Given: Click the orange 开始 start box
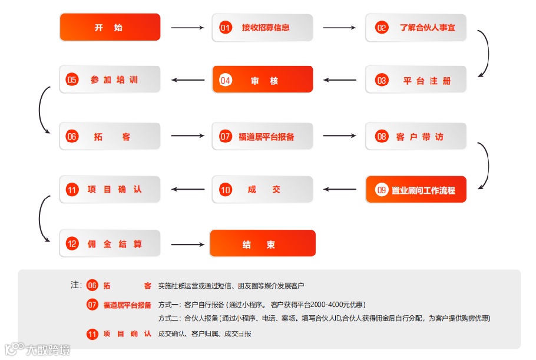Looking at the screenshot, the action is [110, 27].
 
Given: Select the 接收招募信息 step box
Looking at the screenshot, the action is [263, 27].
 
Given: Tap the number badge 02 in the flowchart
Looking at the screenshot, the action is [382, 28].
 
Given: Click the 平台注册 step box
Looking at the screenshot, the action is [416, 80].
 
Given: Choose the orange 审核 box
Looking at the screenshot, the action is [263, 80].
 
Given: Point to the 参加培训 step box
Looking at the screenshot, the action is [110, 80].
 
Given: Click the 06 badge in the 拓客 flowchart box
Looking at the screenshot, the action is [72, 137].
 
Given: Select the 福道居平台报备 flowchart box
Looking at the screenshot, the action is [263, 137].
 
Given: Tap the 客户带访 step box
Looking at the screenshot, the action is [416, 137].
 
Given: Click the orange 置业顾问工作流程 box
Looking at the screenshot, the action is [416, 190].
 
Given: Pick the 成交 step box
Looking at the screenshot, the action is [263, 190].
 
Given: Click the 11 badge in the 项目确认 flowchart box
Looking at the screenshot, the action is [72, 190].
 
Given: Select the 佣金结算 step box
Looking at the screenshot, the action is [110, 243].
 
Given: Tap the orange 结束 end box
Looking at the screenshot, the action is [263, 243].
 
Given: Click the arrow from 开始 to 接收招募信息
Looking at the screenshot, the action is [186, 27].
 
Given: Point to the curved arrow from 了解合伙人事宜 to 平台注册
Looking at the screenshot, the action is [484, 54].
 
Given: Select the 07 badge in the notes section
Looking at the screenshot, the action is [92, 305].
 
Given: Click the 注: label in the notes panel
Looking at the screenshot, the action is [76, 285].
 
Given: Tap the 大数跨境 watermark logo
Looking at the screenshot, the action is [37, 349].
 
